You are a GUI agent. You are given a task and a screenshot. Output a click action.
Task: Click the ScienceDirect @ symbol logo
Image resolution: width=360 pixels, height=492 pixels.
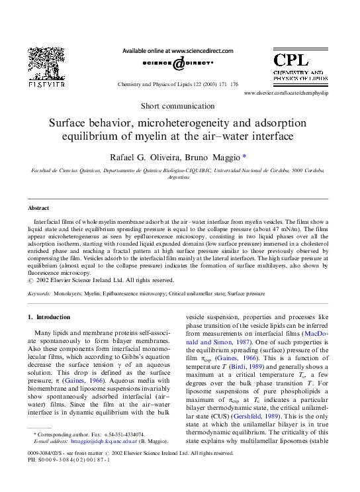[x=179, y=64]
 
